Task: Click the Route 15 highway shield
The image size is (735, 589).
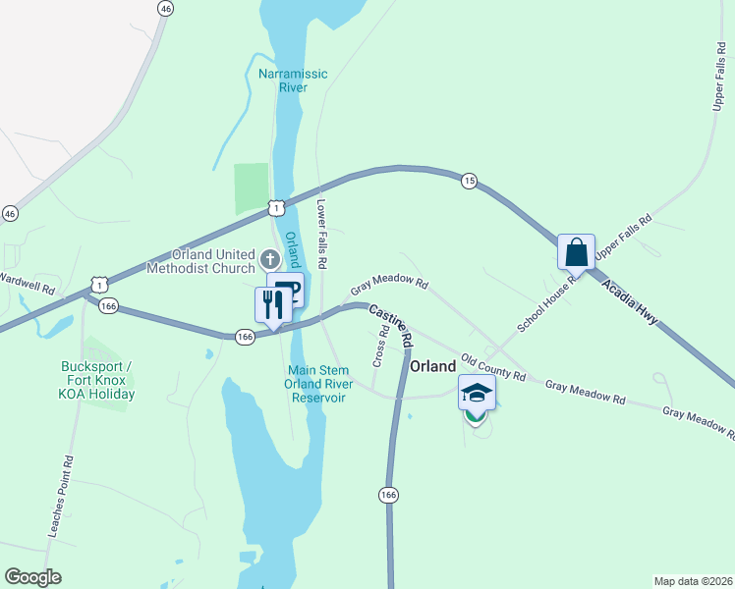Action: [469, 181]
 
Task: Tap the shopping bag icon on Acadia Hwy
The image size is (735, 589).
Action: [576, 252]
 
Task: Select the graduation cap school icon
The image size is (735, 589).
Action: [477, 394]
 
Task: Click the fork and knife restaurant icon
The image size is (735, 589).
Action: [272, 304]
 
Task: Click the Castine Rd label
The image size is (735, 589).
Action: [390, 326]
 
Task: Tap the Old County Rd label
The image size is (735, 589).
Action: [493, 368]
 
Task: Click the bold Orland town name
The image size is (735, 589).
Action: [432, 366]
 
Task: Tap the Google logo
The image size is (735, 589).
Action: [32, 577]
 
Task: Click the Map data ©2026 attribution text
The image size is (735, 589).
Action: [692, 581]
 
